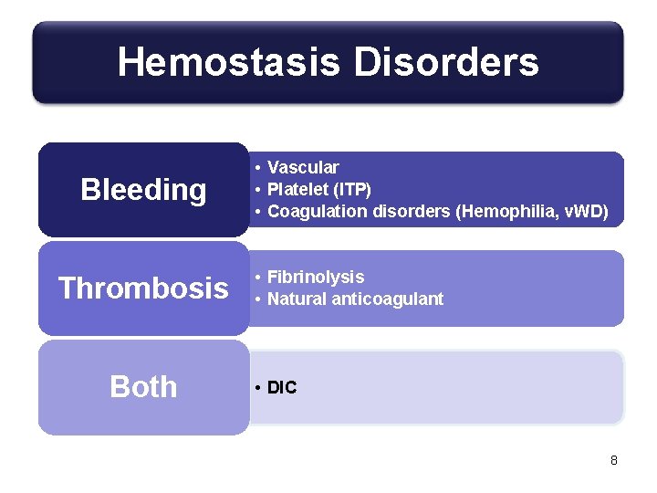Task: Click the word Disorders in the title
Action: tap(446, 63)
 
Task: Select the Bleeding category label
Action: tap(143, 190)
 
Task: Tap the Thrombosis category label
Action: tap(143, 288)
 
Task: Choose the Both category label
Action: tap(143, 387)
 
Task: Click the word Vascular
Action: tap(303, 167)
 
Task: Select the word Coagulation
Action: tap(313, 211)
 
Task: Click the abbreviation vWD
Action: tap(579, 211)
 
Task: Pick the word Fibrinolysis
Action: tap(316, 277)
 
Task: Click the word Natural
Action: tap(297, 299)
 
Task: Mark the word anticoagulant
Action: tap(387, 299)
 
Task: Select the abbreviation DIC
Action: tap(282, 388)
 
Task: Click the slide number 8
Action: tap(614, 460)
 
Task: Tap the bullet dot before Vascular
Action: tap(259, 168)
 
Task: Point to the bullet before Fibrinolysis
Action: tap(259, 278)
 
